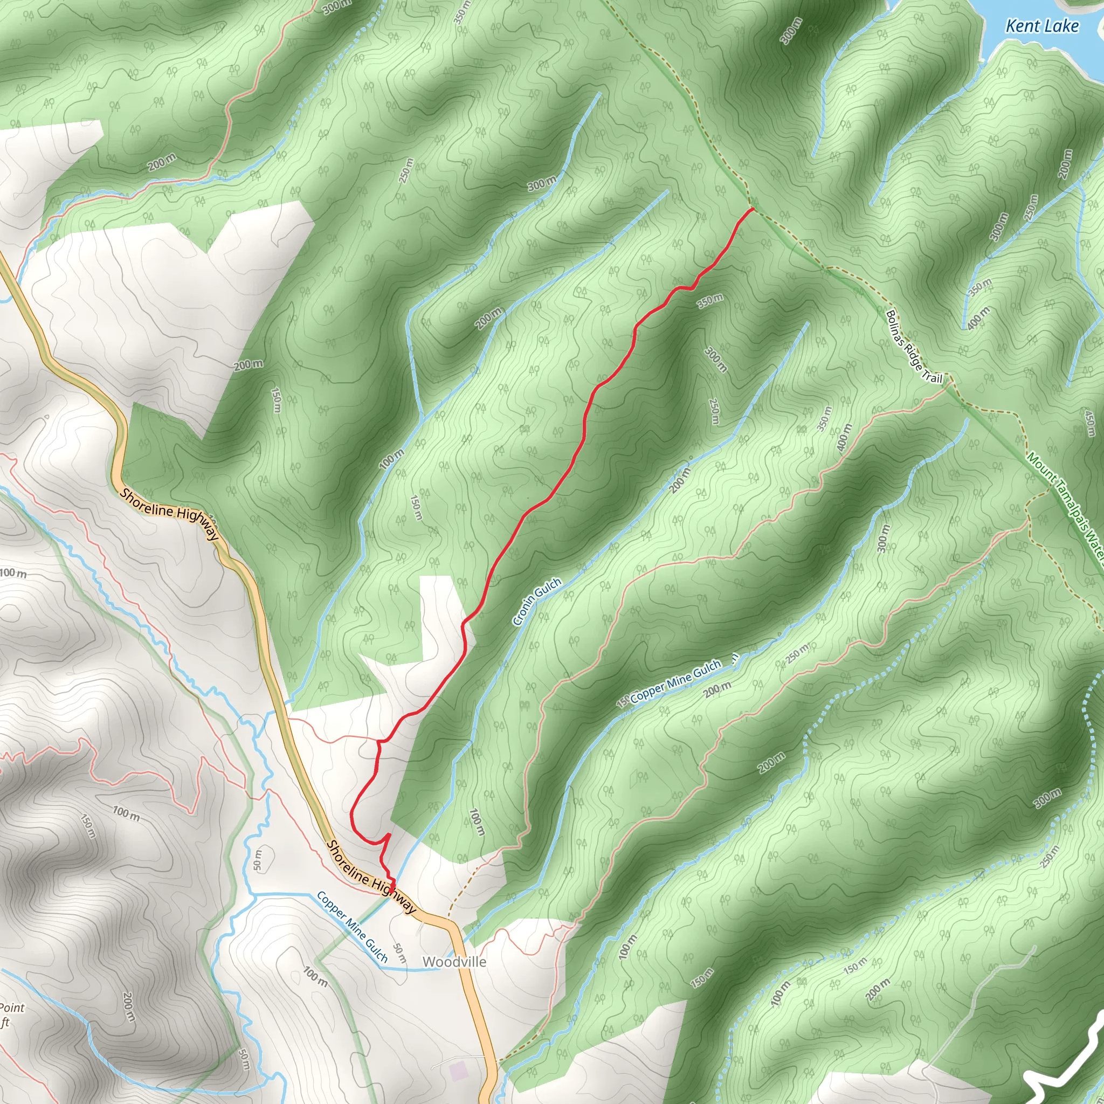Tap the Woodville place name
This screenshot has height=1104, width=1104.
pos(454,962)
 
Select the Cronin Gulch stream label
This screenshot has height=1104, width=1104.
pos(536,601)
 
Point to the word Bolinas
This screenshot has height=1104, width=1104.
pos(896,330)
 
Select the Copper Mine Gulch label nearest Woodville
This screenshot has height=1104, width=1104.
pos(352,926)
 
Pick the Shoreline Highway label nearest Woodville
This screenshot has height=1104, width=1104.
pos(371,878)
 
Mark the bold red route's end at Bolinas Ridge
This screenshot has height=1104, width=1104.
pos(753,210)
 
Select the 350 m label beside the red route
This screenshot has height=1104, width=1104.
pos(710,301)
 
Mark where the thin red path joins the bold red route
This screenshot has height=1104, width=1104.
pos(378,741)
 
